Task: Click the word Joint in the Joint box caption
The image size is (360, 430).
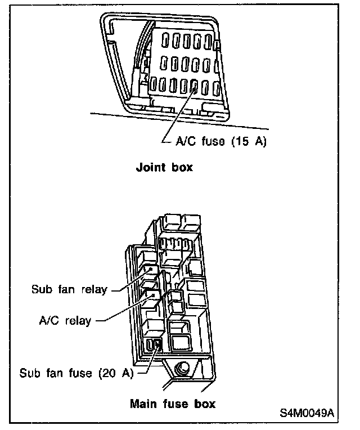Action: (x=149, y=168)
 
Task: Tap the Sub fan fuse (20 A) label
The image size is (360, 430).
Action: (x=76, y=373)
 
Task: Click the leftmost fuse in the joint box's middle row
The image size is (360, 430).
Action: (x=163, y=63)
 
